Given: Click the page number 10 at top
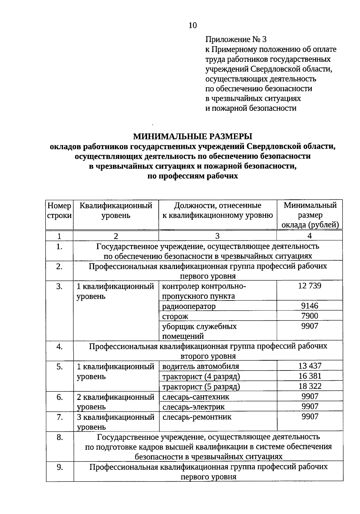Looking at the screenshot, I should coord(193,26).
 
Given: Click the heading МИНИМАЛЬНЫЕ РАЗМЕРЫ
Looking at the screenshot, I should coord(193,137).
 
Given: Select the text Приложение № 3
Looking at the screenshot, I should coord(235,39).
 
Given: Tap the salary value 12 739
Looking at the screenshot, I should coord(310,286).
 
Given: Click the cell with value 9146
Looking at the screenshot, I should coord(310,306).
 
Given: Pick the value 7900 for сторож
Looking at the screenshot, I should coord(310,316).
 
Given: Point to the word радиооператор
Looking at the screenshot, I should coord(189,306).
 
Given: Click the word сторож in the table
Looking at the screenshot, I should coord(175,316).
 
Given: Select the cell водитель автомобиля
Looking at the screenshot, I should coord(201,366).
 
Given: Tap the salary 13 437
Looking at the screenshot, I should coord(310,366).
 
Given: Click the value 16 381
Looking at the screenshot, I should coord(310,376).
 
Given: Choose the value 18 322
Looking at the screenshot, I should coord(310,386).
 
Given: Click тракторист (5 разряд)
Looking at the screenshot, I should coord(201,387).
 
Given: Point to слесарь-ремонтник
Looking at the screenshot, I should coord(197,417).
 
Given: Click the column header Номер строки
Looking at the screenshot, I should coord(59,210).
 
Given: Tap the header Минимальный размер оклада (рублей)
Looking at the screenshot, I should coord(310,215).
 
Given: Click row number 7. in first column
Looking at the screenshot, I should coord(59,417).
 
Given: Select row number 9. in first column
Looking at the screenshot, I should coord(59,467).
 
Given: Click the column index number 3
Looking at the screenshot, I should coord(217,236).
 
